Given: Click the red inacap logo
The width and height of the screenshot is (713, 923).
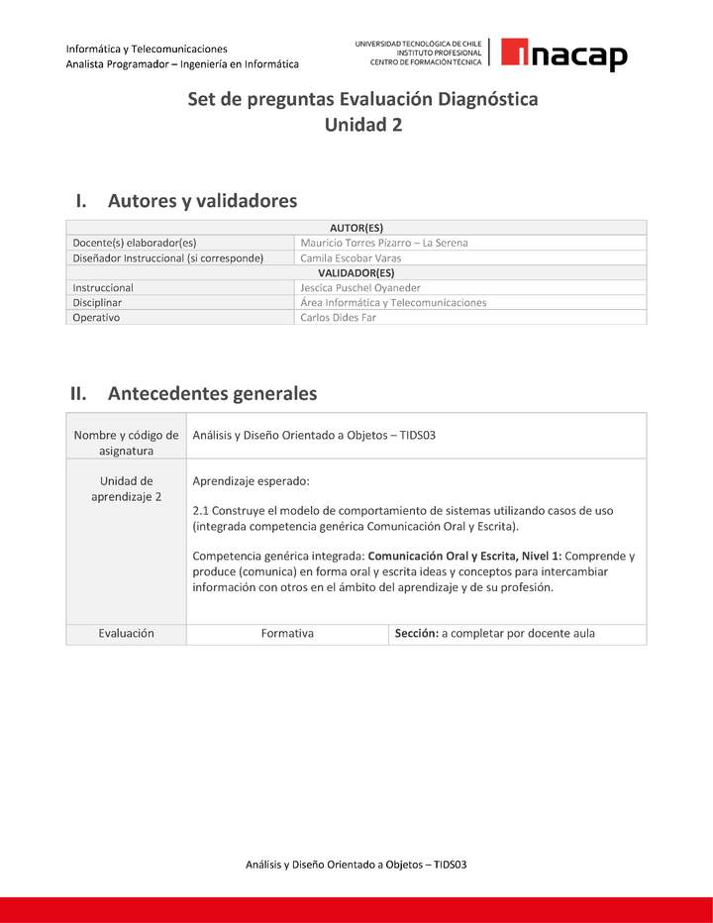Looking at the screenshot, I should tap(563, 54).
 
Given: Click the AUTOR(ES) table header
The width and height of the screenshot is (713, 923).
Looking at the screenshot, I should tap(356, 227).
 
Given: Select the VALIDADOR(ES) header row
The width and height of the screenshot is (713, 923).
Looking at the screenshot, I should tap(356, 272).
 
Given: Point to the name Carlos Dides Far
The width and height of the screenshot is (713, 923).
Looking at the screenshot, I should tap(338, 318).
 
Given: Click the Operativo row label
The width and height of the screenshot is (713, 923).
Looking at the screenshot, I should tap(96, 318).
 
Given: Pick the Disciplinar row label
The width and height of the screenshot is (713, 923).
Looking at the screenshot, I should tap(97, 303).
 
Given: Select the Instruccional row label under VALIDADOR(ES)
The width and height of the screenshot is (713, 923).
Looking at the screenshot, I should tap(103, 287).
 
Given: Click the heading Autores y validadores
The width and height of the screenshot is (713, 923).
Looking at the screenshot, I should tap(202, 201).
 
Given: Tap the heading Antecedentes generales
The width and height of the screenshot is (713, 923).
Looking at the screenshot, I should tap(212, 393).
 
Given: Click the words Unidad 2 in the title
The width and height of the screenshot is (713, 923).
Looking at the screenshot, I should tap(362, 125).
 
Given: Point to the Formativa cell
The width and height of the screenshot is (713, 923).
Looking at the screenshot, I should tap(287, 633).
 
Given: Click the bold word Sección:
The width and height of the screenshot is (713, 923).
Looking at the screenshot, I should tap(416, 633).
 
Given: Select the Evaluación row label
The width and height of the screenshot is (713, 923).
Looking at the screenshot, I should tap(126, 633).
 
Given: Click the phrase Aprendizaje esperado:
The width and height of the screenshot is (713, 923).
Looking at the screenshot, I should tap(251, 481).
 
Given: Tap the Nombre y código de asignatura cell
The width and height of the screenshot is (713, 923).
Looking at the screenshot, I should tap(126, 443).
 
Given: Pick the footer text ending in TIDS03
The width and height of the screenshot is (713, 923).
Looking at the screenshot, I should tap(356, 864).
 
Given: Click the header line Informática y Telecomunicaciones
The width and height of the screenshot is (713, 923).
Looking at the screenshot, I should tap(147, 49).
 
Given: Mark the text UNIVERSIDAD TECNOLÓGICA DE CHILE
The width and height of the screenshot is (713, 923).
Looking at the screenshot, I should tap(418, 44).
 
